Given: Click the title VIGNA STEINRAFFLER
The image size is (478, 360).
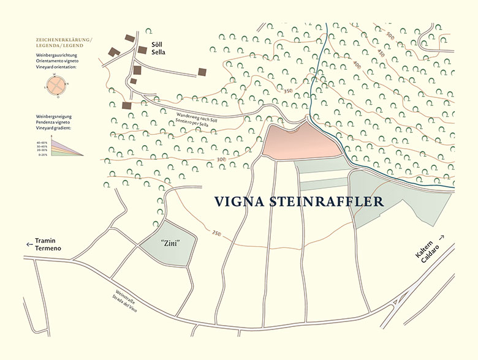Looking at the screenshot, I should pyautogui.click(x=298, y=201).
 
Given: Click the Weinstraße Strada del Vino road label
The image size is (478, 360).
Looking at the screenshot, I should pyautogui.click(x=117, y=301).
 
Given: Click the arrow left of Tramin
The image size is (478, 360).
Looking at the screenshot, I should pyautogui.click(x=29, y=244).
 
